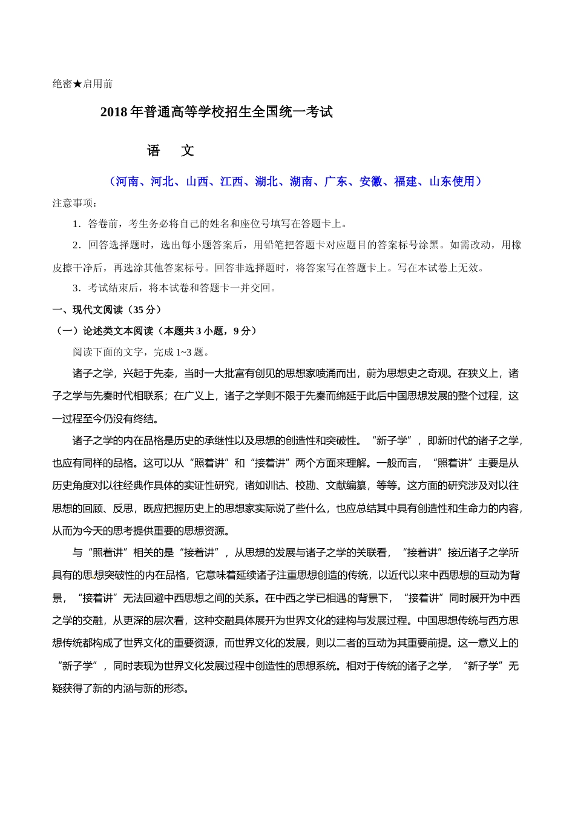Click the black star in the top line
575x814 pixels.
[77, 84]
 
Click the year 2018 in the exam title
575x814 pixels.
[114, 113]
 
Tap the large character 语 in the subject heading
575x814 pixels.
[154, 151]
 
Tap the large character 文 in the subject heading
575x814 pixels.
[188, 151]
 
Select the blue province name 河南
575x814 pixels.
[127, 182]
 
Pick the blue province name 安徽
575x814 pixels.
[371, 182]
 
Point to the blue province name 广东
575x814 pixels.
[336, 182]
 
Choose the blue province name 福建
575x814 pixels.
[406, 182]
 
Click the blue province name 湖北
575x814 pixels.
[266, 182]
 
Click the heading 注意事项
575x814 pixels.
[72, 203]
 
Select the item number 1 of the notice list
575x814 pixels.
[76, 224]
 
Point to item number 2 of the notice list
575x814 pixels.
[76, 245]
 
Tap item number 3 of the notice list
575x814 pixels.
[76, 288]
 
